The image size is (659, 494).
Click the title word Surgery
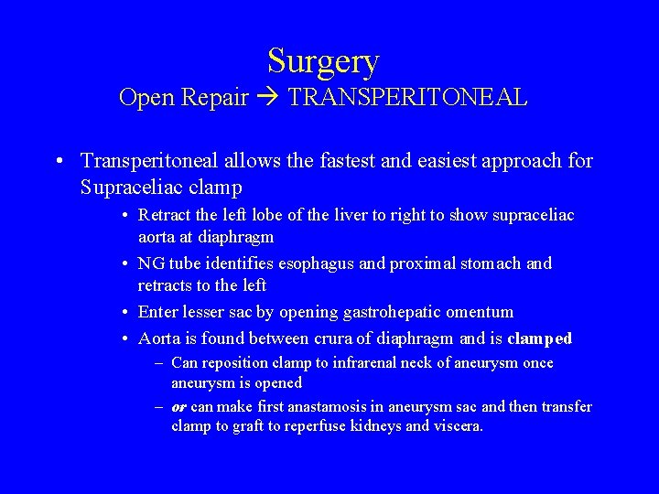point(323,61)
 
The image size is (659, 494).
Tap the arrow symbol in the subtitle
point(268,98)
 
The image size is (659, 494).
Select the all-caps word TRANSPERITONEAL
point(407,97)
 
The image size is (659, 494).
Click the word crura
point(314,338)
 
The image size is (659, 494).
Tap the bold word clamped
point(539,338)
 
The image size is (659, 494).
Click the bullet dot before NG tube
point(124,263)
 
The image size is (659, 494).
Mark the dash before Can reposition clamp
point(159,363)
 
